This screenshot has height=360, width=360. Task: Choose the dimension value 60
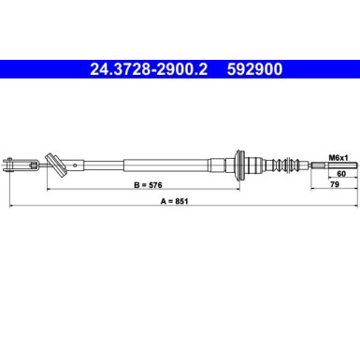[x=339, y=174]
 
